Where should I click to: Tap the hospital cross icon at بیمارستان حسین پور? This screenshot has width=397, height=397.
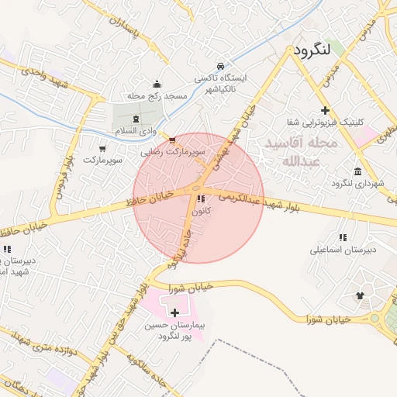[174, 312]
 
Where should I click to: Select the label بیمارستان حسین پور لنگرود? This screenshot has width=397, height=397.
[174, 331]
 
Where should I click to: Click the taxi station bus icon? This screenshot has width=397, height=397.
[222, 66]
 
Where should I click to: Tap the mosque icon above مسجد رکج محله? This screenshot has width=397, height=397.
[157, 85]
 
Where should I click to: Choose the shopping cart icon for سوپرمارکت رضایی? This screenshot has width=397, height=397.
[171, 140]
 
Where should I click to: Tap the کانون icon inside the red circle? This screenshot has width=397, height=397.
[202, 198]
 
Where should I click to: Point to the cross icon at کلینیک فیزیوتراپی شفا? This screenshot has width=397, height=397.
[325, 111]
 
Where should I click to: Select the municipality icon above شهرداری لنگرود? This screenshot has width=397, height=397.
[357, 171]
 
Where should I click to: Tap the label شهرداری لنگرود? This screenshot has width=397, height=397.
[358, 184]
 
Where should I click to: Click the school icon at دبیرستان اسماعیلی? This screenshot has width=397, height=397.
[342, 237]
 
